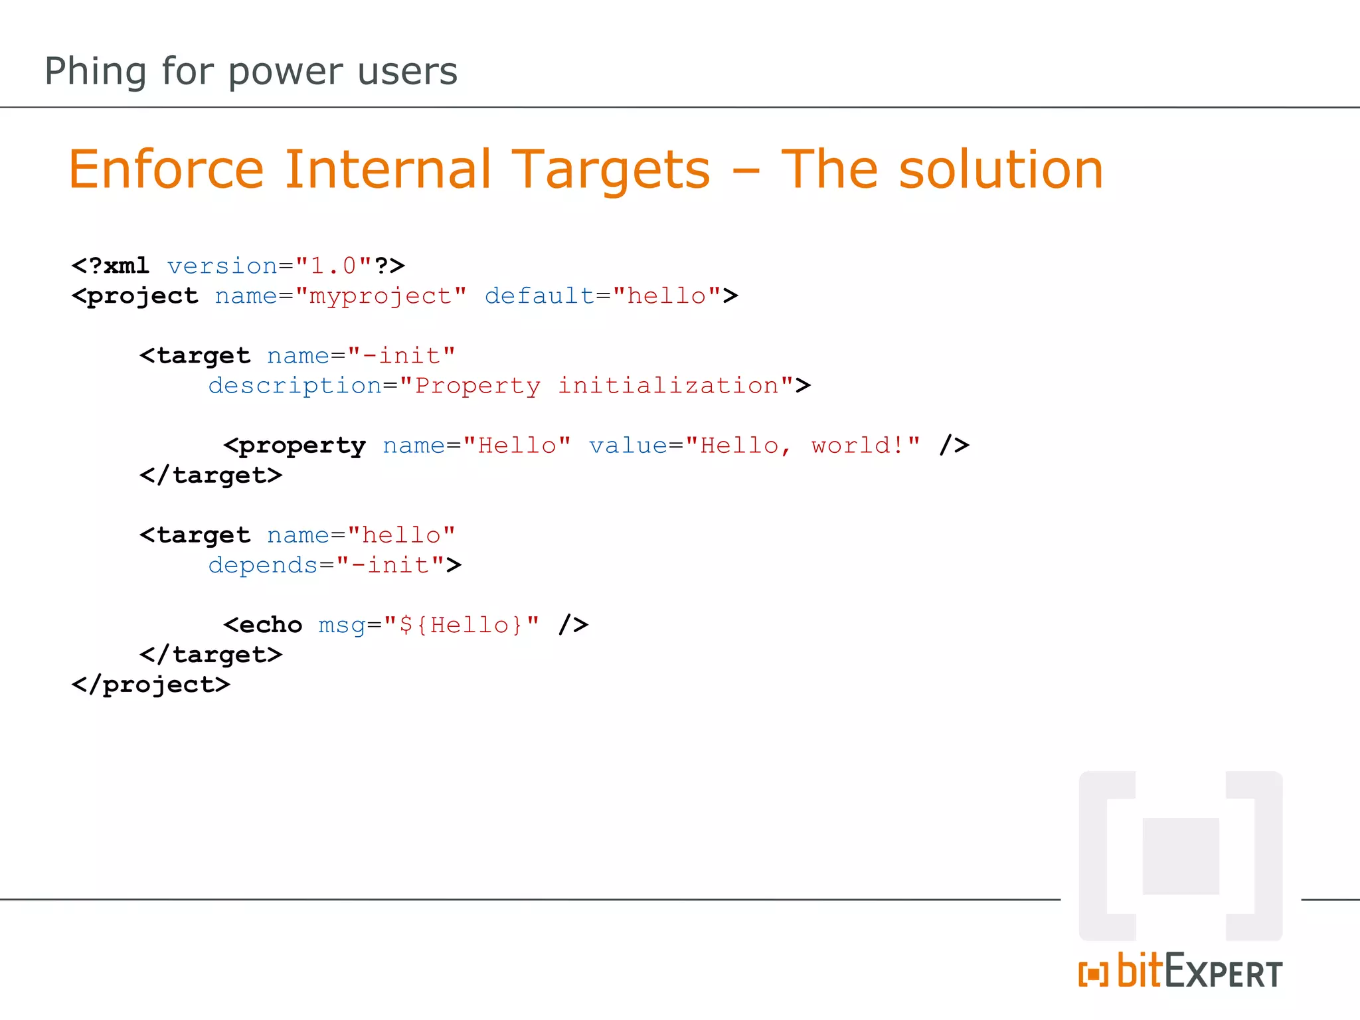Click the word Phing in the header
tap(95, 72)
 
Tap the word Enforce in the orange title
tap(166, 169)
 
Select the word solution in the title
tap(1001, 169)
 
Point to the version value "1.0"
tap(333, 266)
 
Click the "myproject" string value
tap(381, 296)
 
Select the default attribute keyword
tap(539, 296)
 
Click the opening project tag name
tap(142, 296)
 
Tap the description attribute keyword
tap(295, 386)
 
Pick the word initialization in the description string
tap(668, 385)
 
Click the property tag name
tap(301, 446)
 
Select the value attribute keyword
tap(628, 445)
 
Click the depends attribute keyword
tap(263, 565)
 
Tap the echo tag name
tap(270, 625)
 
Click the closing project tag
tap(151, 685)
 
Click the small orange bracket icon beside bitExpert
tap(1093, 974)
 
